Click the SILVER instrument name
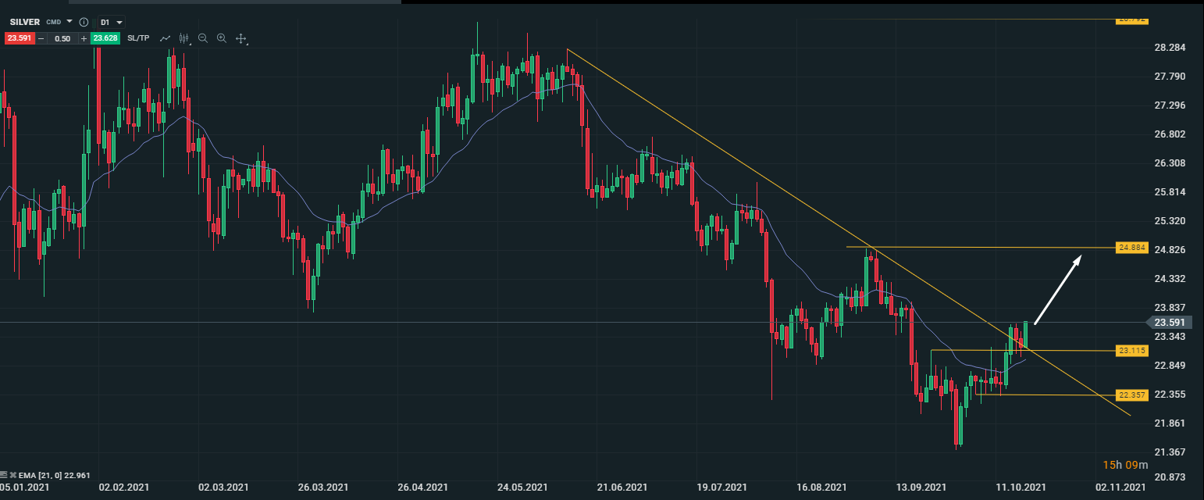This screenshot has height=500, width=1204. click(x=24, y=22)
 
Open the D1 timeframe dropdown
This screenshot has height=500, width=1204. click(x=111, y=22)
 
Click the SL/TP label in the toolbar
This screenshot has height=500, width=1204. click(x=138, y=38)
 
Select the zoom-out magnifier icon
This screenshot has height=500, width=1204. click(x=203, y=38)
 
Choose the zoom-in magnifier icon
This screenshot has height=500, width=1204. click(x=222, y=38)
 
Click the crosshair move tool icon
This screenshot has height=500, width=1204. click(x=241, y=38)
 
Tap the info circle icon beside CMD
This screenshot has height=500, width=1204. click(x=84, y=22)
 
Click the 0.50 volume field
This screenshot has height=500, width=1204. click(x=62, y=38)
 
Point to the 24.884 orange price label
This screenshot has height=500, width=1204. click(x=1131, y=248)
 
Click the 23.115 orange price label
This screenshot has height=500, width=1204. click(x=1131, y=351)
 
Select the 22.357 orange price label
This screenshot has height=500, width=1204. click(x=1131, y=395)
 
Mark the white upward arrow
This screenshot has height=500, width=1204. click(x=1058, y=290)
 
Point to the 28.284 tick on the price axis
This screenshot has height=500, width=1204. click(x=1170, y=48)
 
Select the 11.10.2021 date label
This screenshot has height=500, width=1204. click(x=1021, y=487)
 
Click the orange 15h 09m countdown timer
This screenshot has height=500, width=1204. click(x=1125, y=465)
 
